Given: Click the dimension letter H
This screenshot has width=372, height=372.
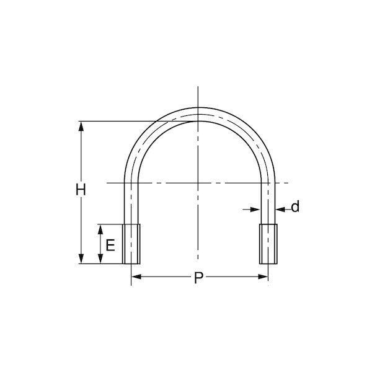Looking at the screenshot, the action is point(81,190).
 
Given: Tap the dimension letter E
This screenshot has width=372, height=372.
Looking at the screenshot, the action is point(110,246).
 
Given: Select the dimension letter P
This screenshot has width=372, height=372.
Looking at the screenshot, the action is point(198,278).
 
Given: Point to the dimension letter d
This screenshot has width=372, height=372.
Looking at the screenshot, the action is point(295,206).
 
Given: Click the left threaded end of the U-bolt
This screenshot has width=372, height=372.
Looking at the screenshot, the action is point(131,244).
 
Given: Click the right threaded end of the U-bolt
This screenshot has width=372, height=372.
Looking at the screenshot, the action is point(268,244).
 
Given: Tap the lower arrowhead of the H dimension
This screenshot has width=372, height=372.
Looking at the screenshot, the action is point(81,259).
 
